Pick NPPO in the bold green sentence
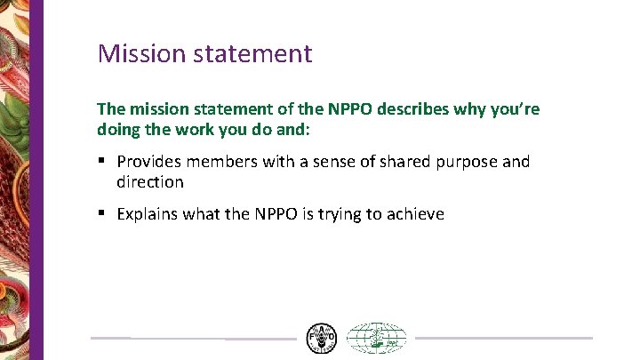[352, 109]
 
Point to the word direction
[150, 182]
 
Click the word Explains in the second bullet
[148, 213]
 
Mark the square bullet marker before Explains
[102, 214]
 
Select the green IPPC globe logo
[376, 339]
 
